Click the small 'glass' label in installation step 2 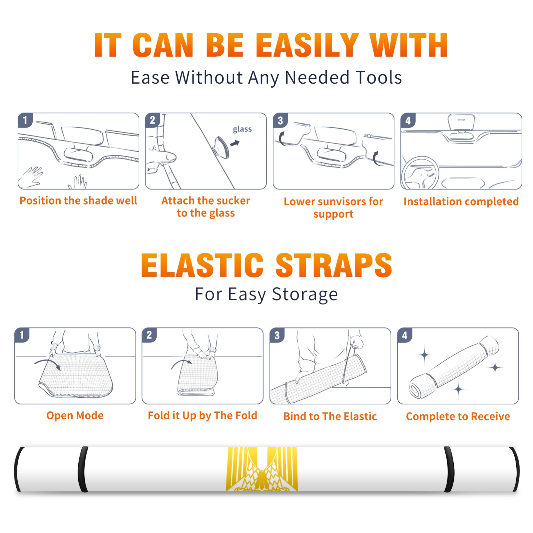[x=242, y=129]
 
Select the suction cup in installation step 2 [x=221, y=147]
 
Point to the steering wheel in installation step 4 [x=420, y=173]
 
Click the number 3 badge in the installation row [x=280, y=121]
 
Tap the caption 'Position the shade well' [x=78, y=201]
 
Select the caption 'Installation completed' [x=461, y=202]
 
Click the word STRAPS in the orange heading [x=334, y=265]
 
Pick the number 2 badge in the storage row [x=149, y=335]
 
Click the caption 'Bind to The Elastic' [x=330, y=416]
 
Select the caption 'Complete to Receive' [x=458, y=416]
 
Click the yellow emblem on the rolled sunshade [x=262, y=469]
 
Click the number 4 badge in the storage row [x=405, y=335]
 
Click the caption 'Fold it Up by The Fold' [x=203, y=415]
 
